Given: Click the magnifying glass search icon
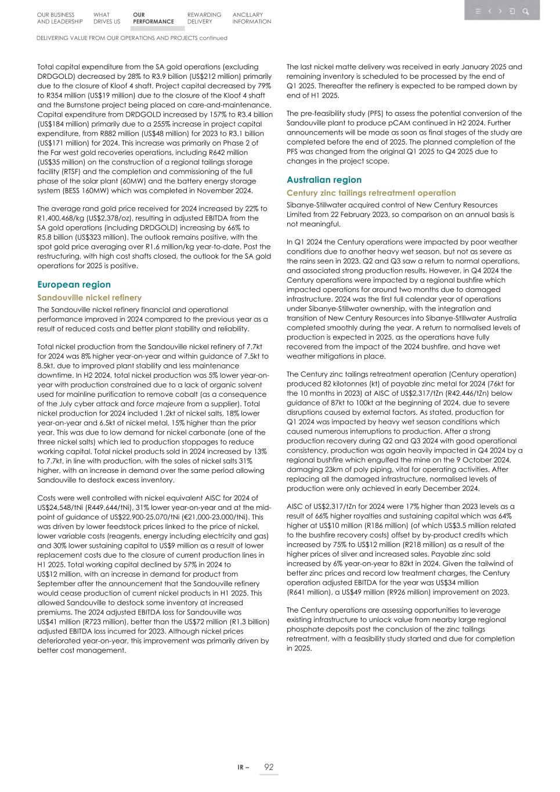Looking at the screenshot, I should [525, 11].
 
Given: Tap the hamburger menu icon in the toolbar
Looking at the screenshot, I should [478, 11].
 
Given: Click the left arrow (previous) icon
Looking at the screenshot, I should [490, 11].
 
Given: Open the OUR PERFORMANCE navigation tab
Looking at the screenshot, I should [153, 18].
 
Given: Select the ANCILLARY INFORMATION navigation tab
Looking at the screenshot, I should [251, 18].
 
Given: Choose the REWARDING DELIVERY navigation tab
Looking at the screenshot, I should [204, 18].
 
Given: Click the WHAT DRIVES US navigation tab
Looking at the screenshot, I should [107, 18].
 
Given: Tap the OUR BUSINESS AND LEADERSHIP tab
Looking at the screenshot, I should [60, 18].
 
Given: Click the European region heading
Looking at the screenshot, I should [74, 284].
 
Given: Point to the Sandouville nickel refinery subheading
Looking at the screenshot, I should [89, 298].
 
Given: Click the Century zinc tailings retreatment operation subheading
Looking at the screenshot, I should [371, 193].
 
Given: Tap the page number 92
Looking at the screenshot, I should [269, 767].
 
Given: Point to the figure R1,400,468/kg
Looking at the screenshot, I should [62, 218].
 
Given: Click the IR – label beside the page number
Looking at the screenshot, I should [243, 768].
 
